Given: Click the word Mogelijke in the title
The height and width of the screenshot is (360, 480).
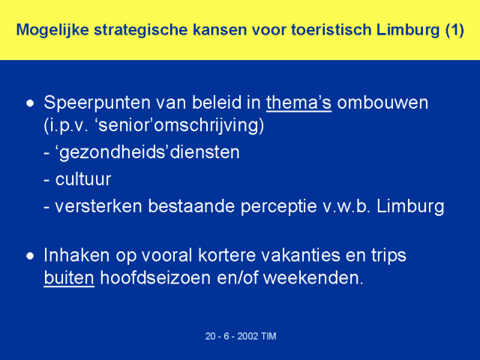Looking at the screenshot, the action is tap(52, 31).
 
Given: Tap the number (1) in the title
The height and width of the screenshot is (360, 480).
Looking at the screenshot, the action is tap(454, 30).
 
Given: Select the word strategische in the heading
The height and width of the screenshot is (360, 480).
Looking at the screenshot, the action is tap(140, 31).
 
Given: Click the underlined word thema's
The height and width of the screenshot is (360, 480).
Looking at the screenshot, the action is tap(298, 103).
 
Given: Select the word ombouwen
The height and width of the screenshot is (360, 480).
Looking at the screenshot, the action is tap(382, 103).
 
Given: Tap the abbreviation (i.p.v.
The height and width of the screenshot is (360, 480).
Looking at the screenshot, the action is tap(66, 126).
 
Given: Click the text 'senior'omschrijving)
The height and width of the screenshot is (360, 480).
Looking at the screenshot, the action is tap(181, 126).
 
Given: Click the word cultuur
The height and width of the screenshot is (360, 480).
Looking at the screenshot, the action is tap(83, 179).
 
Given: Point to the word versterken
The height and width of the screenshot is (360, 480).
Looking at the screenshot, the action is tap(98, 206).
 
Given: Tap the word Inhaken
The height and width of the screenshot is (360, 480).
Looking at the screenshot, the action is tap(76, 255).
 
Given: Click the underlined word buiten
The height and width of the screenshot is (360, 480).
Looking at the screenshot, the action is tap(69, 278).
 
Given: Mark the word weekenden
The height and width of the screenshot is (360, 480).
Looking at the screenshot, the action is tap(313, 278).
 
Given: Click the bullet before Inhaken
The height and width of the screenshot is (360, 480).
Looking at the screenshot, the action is tap(30, 256).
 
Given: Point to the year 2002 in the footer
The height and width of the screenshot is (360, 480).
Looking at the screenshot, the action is tap(247, 336).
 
